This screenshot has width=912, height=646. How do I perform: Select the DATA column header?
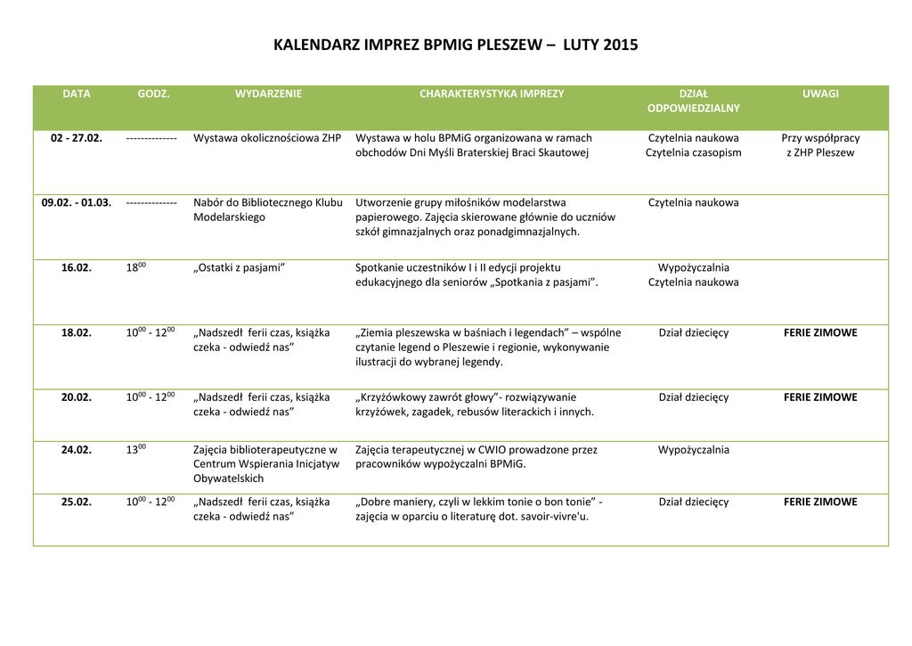click(x=77, y=94)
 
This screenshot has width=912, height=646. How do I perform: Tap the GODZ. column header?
click(x=153, y=94)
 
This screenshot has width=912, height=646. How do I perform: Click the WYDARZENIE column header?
click(x=268, y=94)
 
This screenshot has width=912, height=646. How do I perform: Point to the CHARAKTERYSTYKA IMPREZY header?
click(x=492, y=94)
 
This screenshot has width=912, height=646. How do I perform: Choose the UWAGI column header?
click(x=820, y=94)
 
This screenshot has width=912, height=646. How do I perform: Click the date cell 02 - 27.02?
click(x=77, y=138)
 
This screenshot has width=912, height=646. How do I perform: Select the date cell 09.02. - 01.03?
click(x=77, y=202)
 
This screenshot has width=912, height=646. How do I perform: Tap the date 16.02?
click(x=77, y=267)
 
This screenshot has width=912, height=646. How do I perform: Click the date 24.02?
click(x=77, y=450)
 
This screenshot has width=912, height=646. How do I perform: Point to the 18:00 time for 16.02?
click(x=136, y=266)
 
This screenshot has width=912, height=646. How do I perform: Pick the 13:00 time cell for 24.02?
click(x=136, y=449)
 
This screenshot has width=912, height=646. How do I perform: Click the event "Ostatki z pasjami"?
click(x=239, y=267)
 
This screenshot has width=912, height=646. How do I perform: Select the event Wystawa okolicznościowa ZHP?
click(x=267, y=138)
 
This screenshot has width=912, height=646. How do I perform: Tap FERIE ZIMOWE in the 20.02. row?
click(x=820, y=397)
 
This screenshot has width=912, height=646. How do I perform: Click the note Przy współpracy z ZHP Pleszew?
click(x=820, y=145)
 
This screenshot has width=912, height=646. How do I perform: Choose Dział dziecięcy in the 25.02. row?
click(x=693, y=502)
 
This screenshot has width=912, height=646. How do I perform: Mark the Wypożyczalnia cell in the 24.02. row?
click(x=693, y=450)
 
